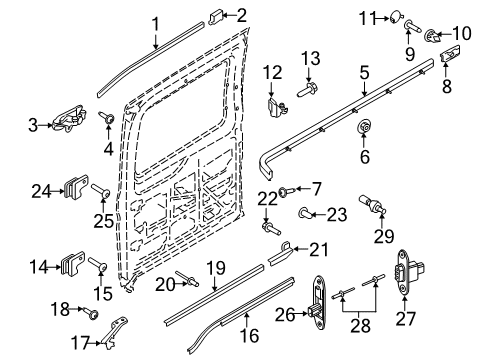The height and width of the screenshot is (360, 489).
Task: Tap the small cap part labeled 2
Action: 216,15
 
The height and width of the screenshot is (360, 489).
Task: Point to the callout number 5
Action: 365,73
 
